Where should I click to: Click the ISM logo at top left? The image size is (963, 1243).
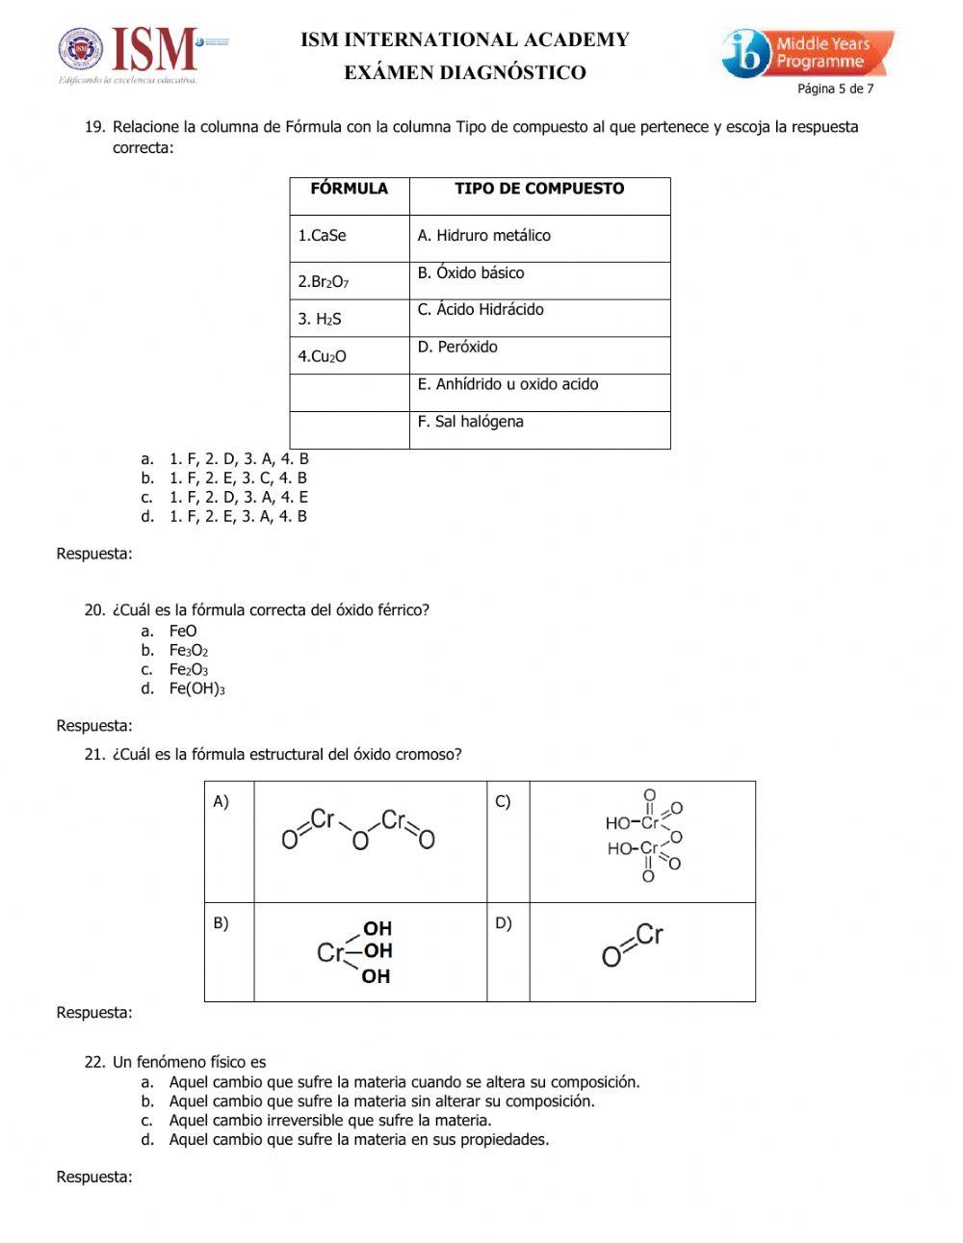click(143, 53)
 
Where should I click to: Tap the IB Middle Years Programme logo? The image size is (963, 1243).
click(807, 53)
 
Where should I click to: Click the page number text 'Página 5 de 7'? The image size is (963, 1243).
click(835, 89)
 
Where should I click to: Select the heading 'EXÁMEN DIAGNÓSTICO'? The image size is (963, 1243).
click(465, 72)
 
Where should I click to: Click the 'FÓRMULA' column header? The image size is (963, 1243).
click(349, 189)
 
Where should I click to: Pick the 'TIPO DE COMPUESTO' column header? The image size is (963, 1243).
click(539, 189)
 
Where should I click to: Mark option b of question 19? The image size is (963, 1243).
click(238, 478)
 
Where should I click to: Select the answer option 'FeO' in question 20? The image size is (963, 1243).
click(183, 631)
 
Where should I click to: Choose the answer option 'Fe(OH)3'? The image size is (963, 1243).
click(197, 688)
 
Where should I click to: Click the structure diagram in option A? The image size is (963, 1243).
click(358, 831)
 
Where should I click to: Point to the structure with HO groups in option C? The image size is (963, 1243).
click(643, 836)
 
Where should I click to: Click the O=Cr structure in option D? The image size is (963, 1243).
click(633, 945)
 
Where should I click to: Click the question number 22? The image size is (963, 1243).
click(94, 1062)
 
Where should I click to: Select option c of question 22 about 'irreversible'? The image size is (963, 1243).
click(330, 1120)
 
